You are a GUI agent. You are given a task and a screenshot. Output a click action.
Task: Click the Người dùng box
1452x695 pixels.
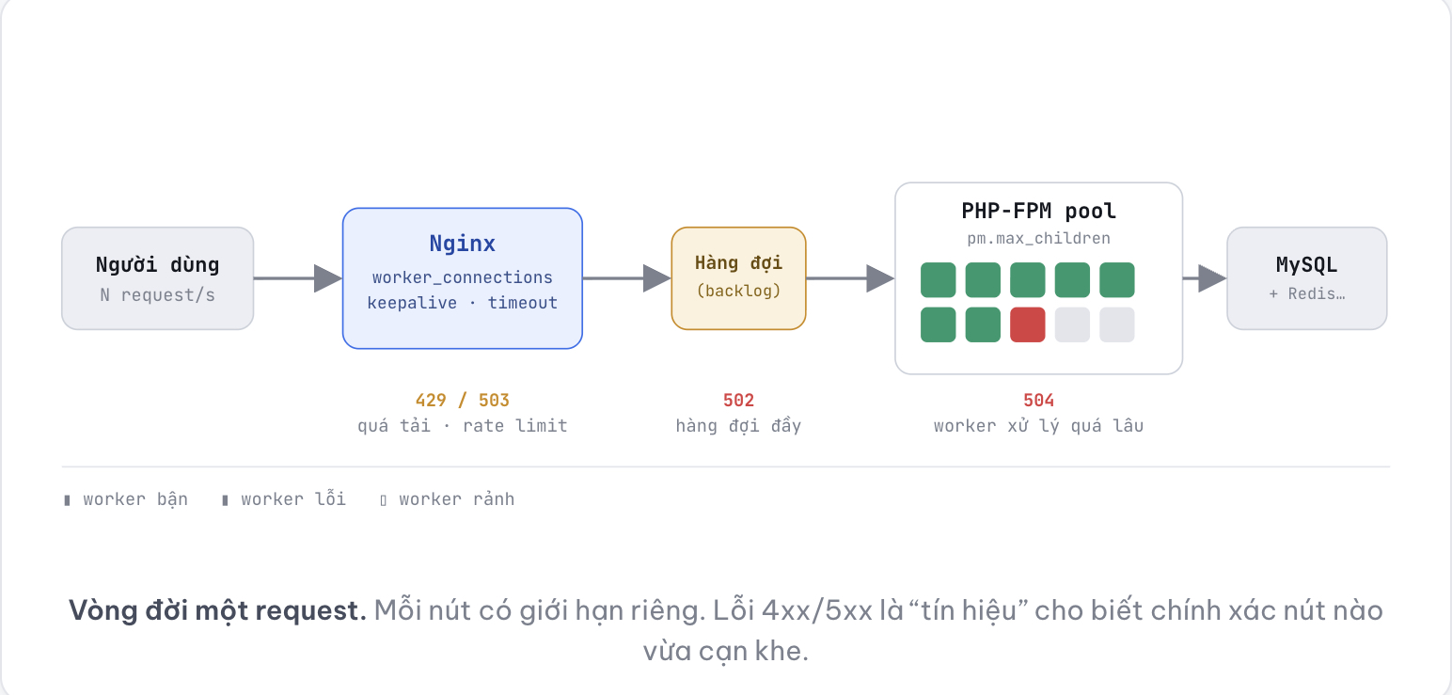pyautogui.click(x=157, y=278)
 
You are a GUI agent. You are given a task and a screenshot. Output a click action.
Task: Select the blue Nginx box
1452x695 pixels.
pyautogui.click(x=462, y=278)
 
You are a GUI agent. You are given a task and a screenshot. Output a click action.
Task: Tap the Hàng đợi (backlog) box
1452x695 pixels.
pyautogui.click(x=738, y=278)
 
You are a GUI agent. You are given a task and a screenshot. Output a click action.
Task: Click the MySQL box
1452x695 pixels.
pyautogui.click(x=1307, y=278)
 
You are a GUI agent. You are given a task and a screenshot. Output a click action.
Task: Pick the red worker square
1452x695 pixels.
pyautogui.click(x=1028, y=324)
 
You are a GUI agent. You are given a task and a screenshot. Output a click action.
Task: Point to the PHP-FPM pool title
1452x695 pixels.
pyautogui.click(x=1038, y=212)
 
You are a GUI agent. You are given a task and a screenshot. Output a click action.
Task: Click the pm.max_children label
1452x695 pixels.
pyautogui.click(x=1038, y=239)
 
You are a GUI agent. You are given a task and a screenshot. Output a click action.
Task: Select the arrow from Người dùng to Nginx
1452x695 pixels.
pyautogui.click(x=298, y=278)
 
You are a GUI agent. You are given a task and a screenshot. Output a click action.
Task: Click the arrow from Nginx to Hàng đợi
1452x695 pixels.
pyautogui.click(x=627, y=278)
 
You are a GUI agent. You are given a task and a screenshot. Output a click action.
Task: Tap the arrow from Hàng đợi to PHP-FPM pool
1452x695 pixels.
pyautogui.click(x=850, y=278)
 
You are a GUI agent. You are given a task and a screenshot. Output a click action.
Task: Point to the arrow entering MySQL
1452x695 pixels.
pyautogui.click(x=1205, y=278)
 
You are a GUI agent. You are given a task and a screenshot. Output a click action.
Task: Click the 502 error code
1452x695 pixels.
pyautogui.click(x=738, y=400)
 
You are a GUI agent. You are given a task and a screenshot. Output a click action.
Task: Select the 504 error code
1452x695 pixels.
pyautogui.click(x=1038, y=400)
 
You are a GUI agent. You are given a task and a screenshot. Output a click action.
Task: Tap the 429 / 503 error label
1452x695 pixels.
pyautogui.click(x=462, y=400)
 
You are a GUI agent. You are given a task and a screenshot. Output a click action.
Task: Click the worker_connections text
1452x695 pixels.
pyautogui.click(x=462, y=277)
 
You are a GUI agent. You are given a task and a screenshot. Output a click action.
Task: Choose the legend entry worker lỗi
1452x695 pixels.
pyautogui.click(x=284, y=499)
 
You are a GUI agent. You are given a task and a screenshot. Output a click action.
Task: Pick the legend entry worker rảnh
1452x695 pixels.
pyautogui.click(x=448, y=499)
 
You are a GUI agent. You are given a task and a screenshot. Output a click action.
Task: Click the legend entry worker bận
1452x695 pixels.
pyautogui.click(x=126, y=499)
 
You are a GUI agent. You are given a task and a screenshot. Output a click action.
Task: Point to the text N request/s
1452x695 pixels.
pyautogui.click(x=157, y=295)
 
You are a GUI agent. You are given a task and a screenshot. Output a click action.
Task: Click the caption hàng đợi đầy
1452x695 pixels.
pyautogui.click(x=738, y=426)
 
